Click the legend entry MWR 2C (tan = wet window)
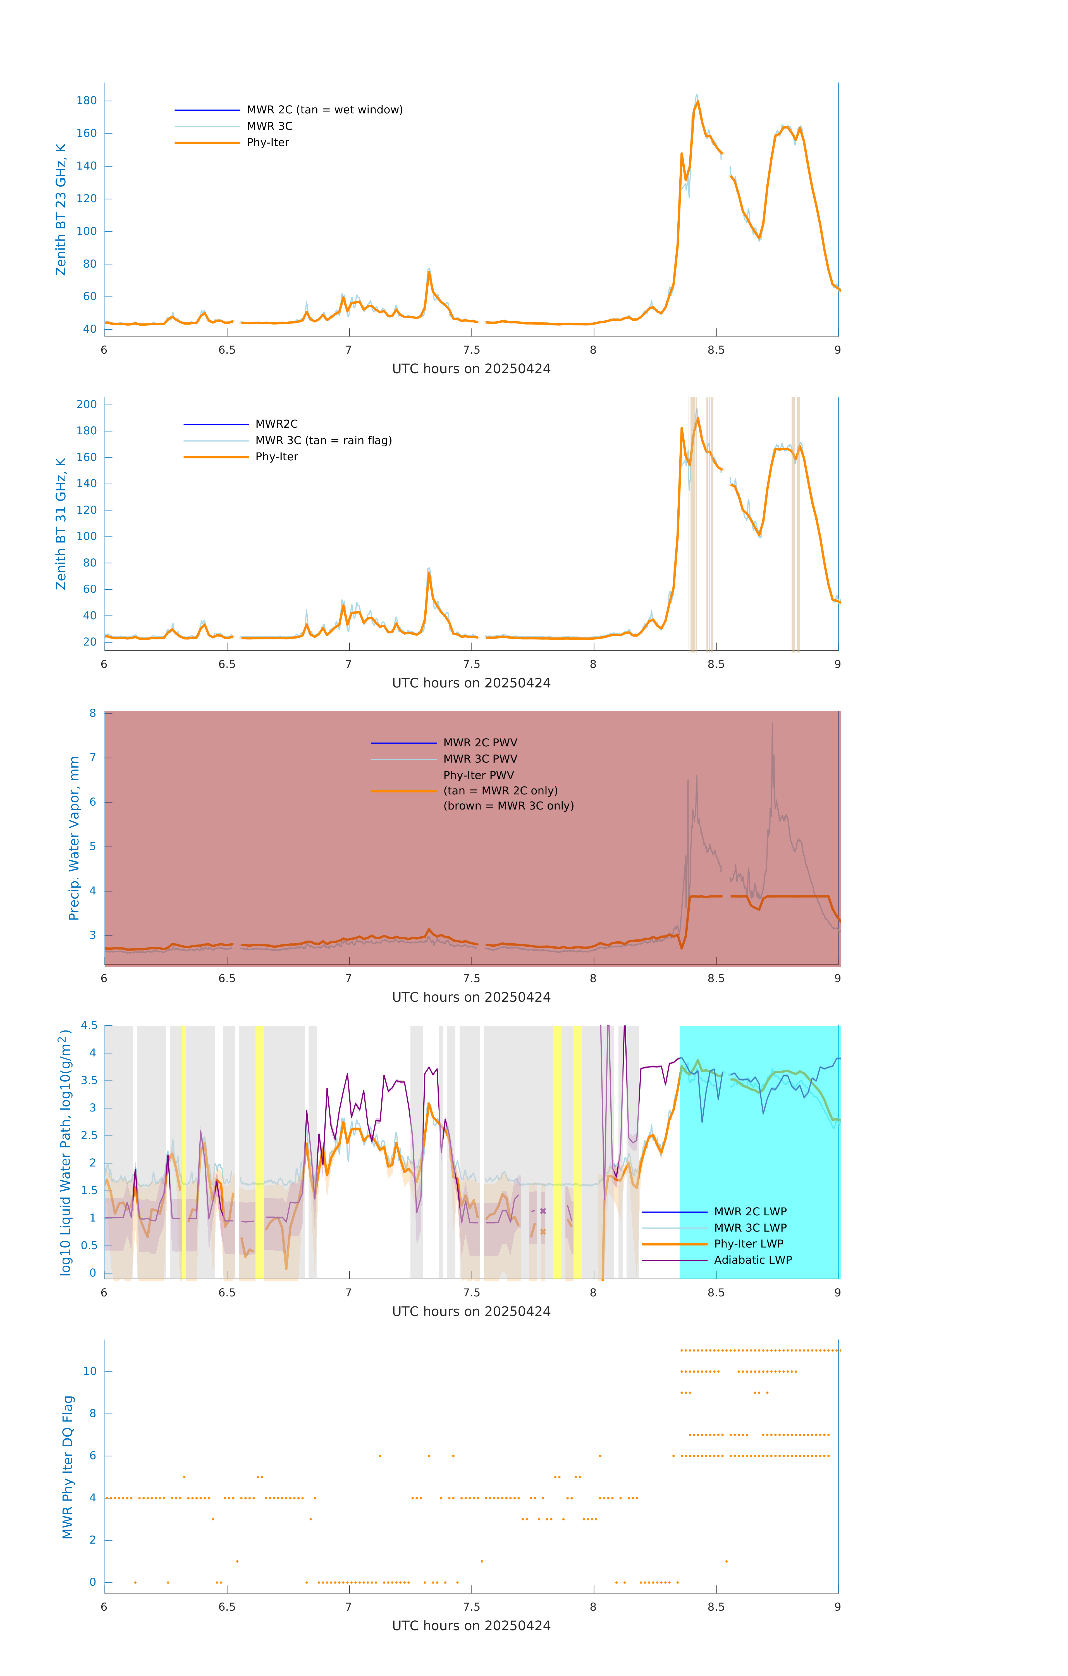[324, 110]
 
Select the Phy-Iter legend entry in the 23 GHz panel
[268, 143]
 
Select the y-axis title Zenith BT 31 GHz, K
[61, 523]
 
